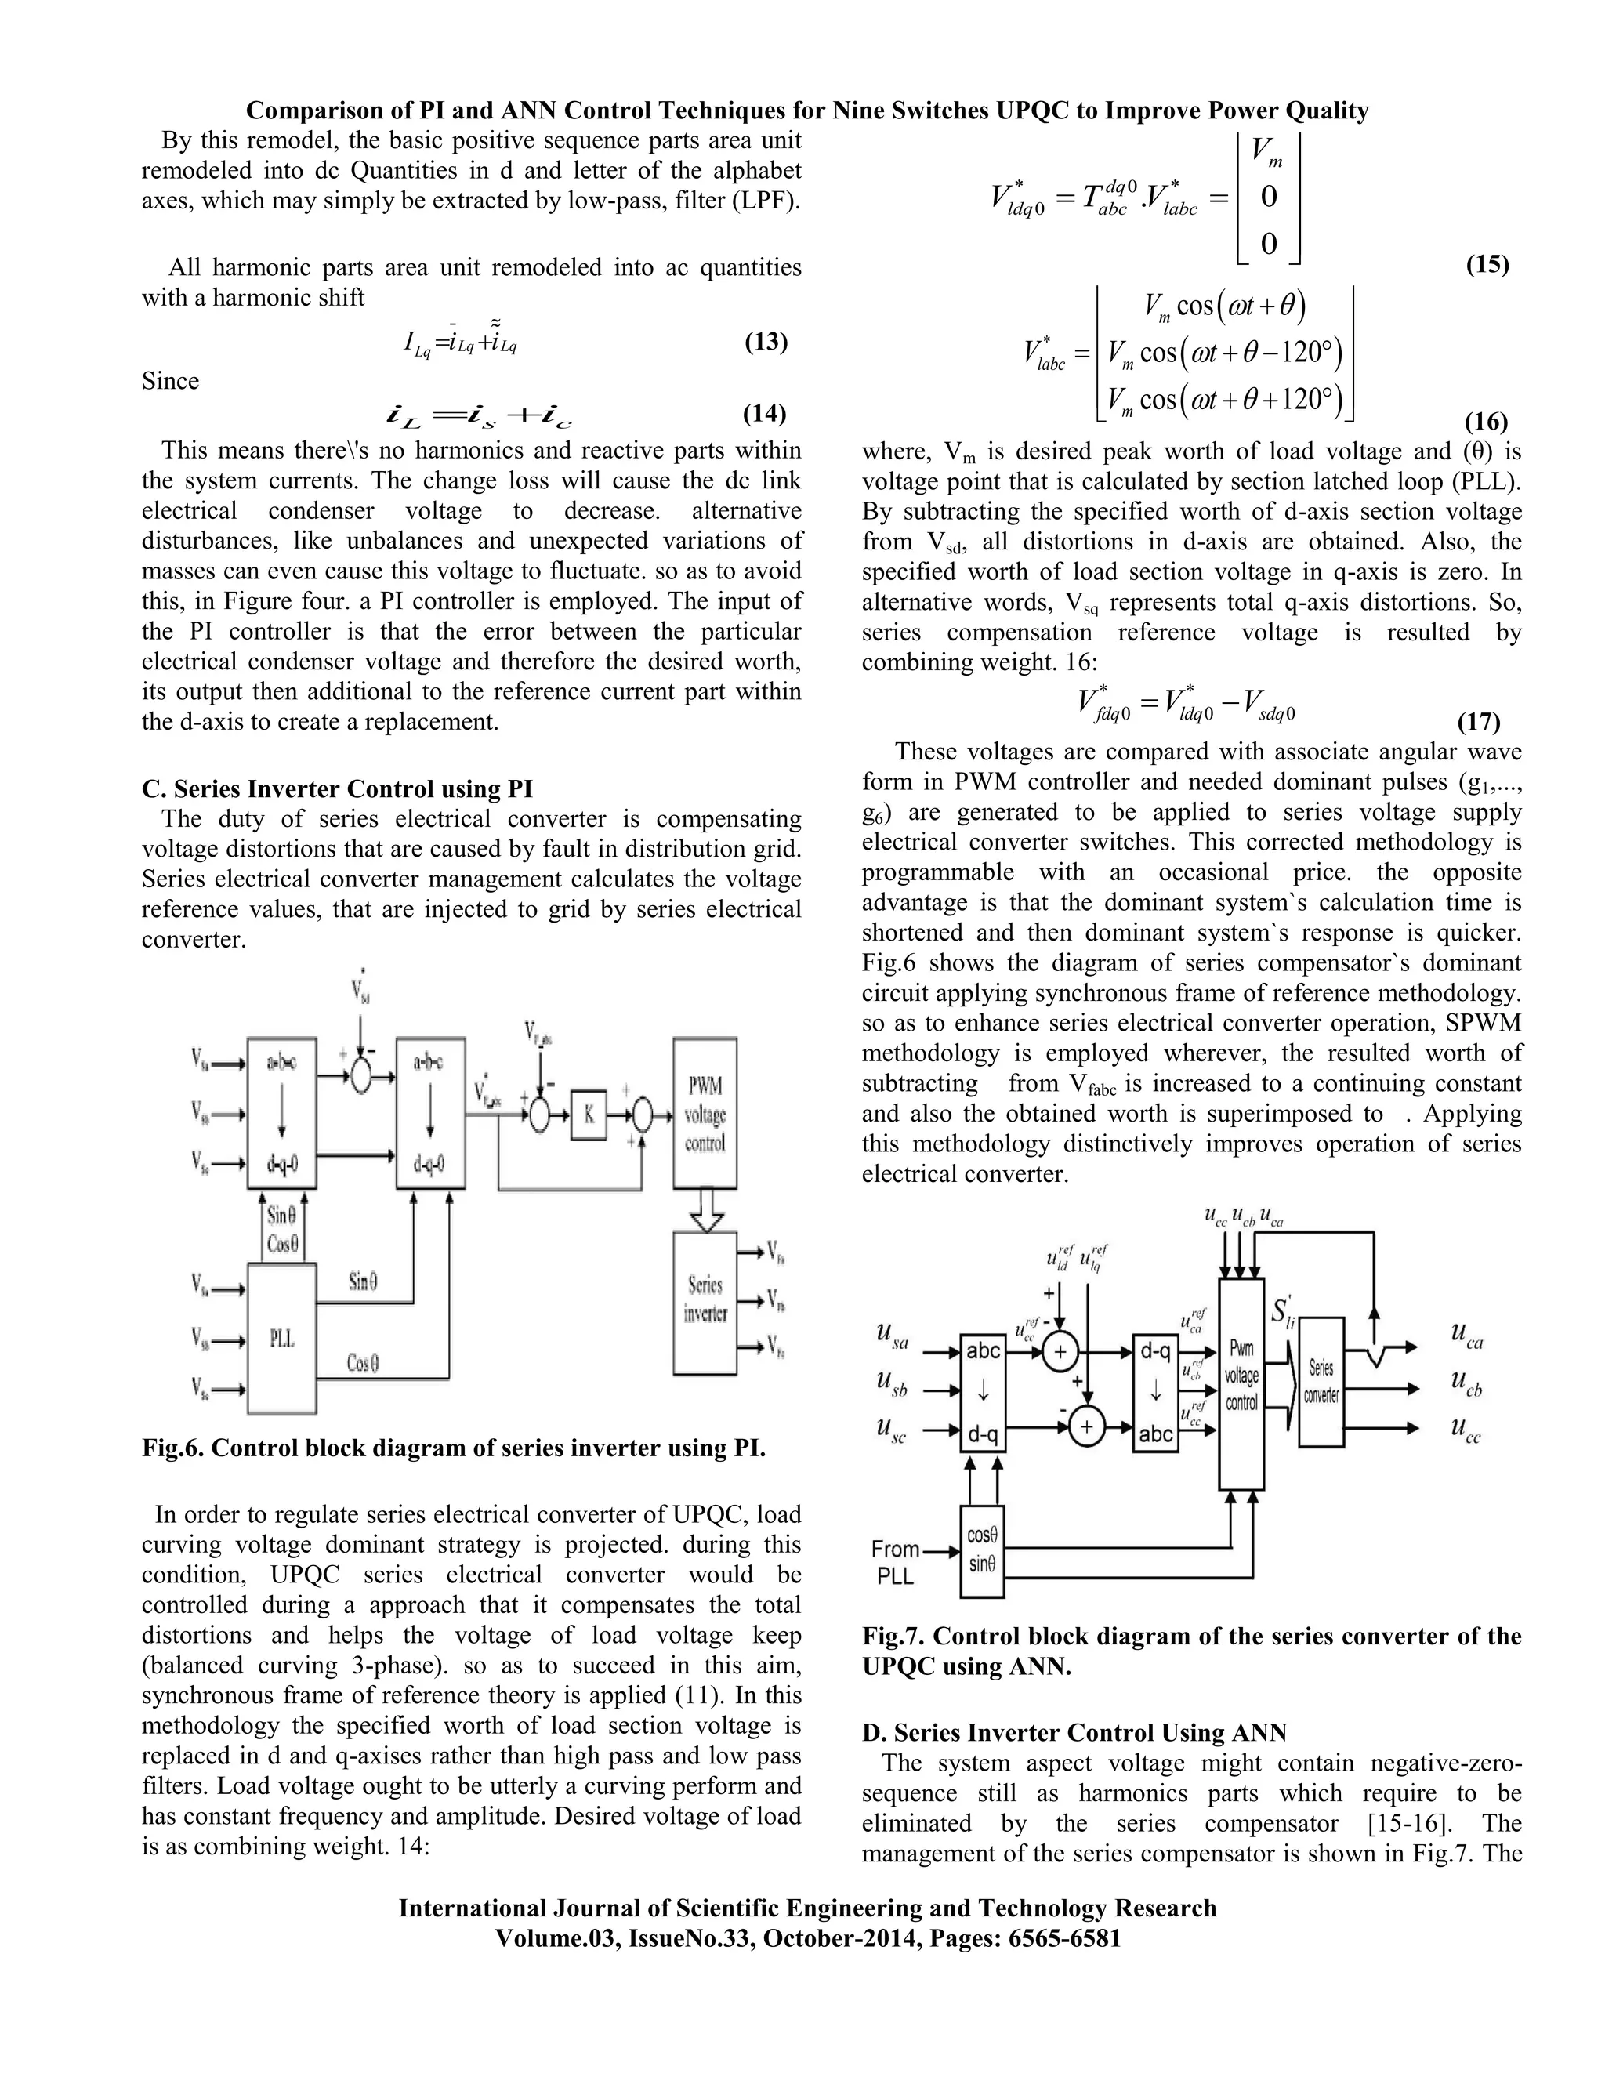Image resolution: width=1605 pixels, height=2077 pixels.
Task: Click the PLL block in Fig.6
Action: (281, 1338)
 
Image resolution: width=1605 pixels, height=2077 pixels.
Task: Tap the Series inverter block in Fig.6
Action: (705, 1302)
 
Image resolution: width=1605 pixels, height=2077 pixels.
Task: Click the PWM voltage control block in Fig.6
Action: (705, 1114)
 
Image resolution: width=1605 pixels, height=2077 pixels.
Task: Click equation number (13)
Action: (766, 342)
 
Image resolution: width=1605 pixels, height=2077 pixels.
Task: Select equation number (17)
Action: (1479, 722)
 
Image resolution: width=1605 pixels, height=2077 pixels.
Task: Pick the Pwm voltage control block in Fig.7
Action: (1241, 1383)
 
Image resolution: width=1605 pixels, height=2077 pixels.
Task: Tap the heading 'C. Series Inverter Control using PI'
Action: (338, 789)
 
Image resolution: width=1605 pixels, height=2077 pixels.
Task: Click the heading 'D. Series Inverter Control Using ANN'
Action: (1074, 1733)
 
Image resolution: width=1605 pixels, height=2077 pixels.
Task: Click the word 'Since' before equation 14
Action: (171, 382)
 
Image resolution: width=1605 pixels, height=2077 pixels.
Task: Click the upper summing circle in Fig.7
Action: (1060, 1351)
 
